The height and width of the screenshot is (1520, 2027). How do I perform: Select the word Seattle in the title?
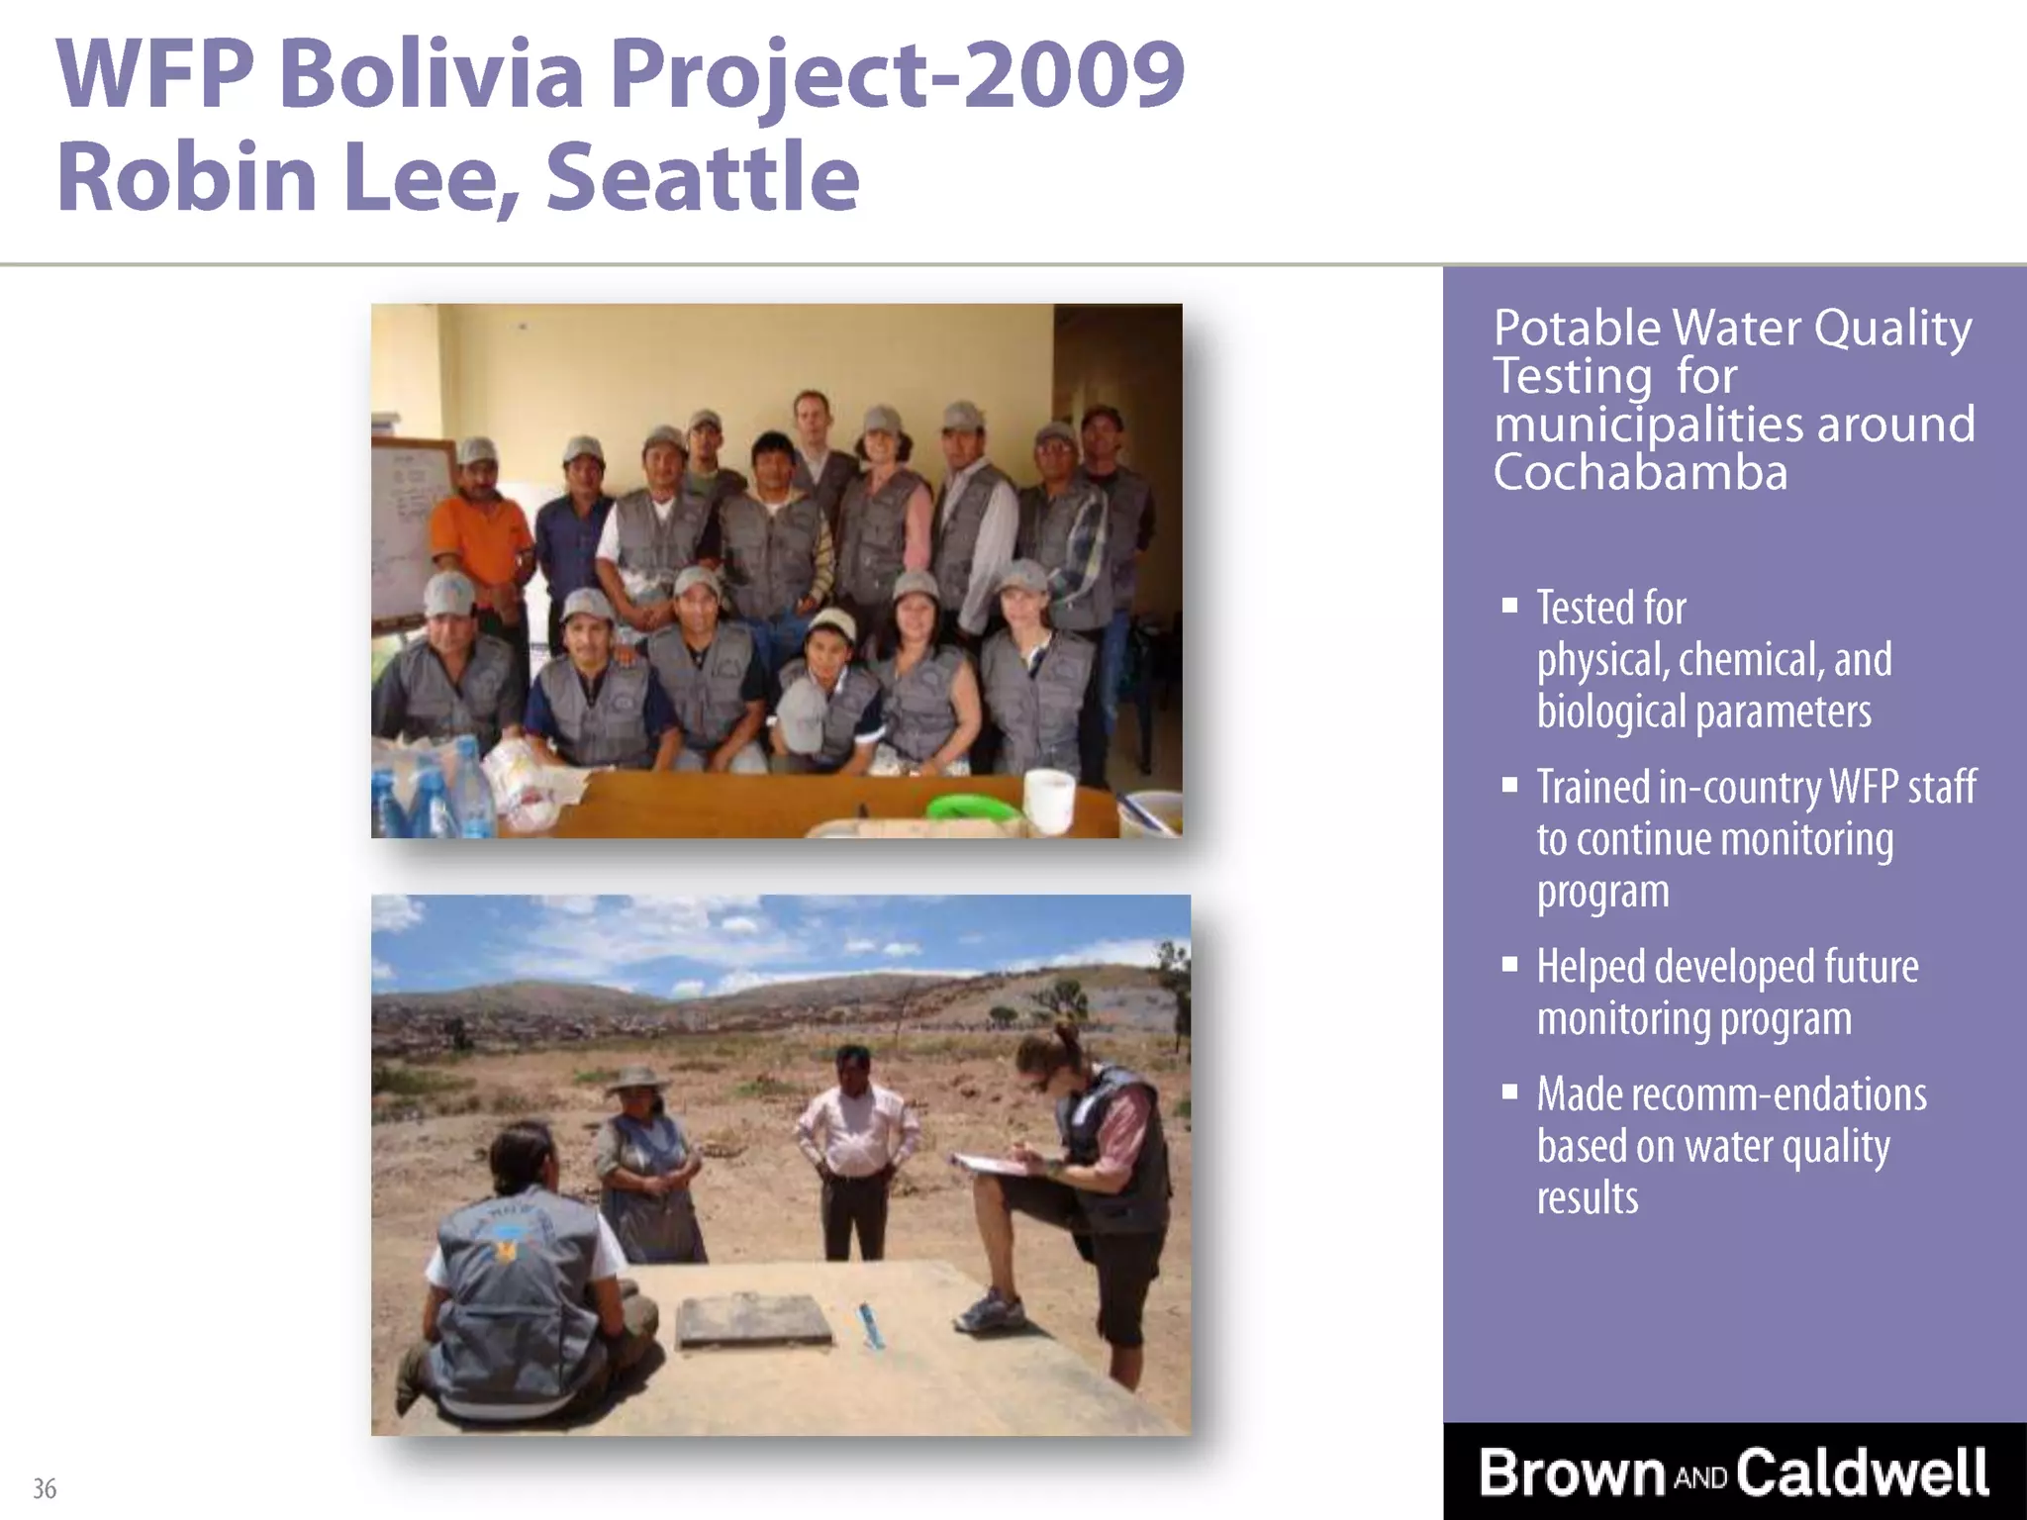point(702,178)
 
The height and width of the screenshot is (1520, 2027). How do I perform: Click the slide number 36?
point(45,1488)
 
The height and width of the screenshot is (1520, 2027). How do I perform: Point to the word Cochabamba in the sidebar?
point(1640,472)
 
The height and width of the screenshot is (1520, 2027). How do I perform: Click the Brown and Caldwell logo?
point(1733,1472)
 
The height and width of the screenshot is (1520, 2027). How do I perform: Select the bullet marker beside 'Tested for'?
point(1509,606)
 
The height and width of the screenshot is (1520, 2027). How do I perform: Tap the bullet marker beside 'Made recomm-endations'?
point(1509,1092)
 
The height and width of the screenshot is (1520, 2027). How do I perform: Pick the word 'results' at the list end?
point(1587,1198)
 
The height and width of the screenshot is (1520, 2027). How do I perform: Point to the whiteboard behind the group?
point(408,524)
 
